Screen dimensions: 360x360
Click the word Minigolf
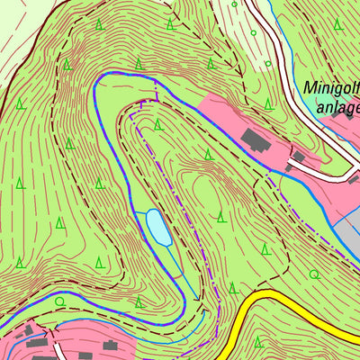(331, 89)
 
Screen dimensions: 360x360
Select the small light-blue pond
(158, 227)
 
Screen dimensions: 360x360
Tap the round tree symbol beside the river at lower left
(59, 302)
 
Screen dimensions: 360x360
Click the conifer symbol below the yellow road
(258, 342)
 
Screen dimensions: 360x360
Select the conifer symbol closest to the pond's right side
(221, 216)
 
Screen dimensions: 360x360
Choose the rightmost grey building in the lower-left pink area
(110, 345)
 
